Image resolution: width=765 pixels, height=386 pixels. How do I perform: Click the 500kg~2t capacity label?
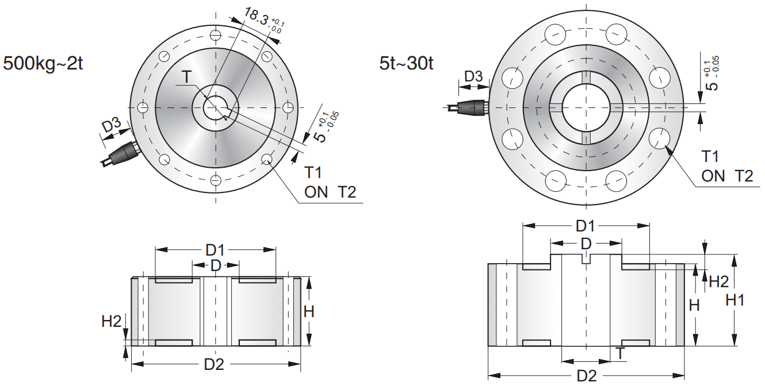[44, 63]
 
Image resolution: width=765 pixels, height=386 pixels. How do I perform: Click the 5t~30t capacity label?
[406, 63]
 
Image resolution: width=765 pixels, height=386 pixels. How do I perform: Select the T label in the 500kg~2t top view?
[186, 77]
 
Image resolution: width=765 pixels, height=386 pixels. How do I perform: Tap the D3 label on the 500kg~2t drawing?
[112, 126]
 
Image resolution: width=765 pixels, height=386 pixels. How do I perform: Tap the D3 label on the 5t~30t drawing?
[473, 76]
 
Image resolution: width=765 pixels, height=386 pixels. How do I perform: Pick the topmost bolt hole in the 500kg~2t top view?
[215, 34]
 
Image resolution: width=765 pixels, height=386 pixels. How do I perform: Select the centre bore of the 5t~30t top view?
[586, 107]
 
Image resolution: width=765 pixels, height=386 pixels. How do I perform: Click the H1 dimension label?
[735, 300]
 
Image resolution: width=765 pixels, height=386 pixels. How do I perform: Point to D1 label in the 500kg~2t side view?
[215, 250]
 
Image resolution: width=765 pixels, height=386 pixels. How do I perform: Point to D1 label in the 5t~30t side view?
[586, 225]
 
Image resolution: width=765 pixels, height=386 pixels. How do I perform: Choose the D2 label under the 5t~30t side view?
[587, 376]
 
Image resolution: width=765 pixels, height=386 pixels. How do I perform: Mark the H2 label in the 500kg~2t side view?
[112, 321]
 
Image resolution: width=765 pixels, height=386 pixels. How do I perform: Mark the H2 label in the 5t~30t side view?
[718, 281]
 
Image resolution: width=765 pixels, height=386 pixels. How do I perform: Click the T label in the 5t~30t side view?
[620, 353]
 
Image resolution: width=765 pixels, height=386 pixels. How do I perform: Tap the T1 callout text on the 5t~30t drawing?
[711, 157]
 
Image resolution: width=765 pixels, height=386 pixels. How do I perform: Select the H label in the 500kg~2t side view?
[309, 311]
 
